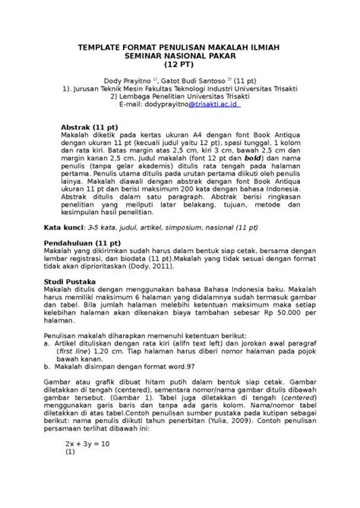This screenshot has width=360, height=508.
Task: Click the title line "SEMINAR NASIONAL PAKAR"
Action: [x=179, y=55]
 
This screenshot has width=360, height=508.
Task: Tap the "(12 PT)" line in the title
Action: [x=179, y=65]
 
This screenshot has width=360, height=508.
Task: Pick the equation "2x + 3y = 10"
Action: [x=88, y=443]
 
